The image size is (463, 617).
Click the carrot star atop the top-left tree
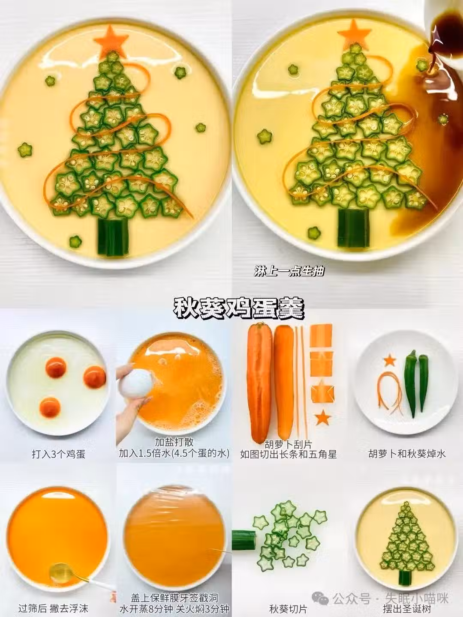click(x=111, y=40)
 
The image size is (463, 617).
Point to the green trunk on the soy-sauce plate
click(x=354, y=228)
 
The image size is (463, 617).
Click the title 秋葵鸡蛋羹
click(x=239, y=308)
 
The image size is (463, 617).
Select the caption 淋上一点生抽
click(x=289, y=271)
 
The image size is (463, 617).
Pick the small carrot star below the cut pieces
click(x=323, y=418)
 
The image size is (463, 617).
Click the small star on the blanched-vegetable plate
click(x=390, y=360)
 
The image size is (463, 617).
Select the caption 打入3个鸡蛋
click(x=58, y=454)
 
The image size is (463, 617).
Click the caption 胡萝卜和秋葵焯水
click(x=407, y=454)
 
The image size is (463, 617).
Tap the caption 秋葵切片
click(x=289, y=608)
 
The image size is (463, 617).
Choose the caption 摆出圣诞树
click(x=407, y=608)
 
